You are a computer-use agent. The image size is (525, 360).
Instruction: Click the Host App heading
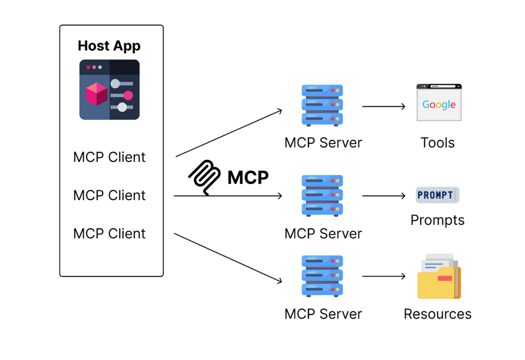(x=109, y=46)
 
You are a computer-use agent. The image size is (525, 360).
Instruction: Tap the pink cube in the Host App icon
(x=96, y=94)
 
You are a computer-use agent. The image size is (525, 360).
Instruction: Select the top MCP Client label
(x=109, y=157)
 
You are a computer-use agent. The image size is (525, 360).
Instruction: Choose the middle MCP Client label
(x=109, y=195)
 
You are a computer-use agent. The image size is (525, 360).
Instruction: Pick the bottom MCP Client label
(x=109, y=233)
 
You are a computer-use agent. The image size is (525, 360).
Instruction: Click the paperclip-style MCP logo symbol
(x=205, y=177)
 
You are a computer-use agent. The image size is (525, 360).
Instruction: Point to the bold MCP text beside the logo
(x=248, y=177)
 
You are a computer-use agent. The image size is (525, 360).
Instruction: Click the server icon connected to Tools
(x=322, y=105)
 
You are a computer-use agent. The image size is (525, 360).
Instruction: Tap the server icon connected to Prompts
(x=322, y=196)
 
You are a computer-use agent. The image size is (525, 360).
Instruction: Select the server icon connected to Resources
(x=322, y=276)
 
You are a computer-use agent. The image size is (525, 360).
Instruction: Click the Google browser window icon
(x=439, y=103)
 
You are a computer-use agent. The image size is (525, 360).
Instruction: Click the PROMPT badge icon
(x=437, y=195)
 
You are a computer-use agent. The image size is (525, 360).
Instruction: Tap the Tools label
(x=438, y=143)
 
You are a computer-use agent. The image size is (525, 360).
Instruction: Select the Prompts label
(x=437, y=220)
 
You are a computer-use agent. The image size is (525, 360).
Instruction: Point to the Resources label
(x=438, y=314)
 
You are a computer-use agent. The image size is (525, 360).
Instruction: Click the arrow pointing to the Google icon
(x=384, y=106)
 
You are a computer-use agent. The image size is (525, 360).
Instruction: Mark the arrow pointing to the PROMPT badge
(x=384, y=196)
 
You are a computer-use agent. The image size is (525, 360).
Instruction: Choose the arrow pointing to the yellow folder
(x=384, y=276)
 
